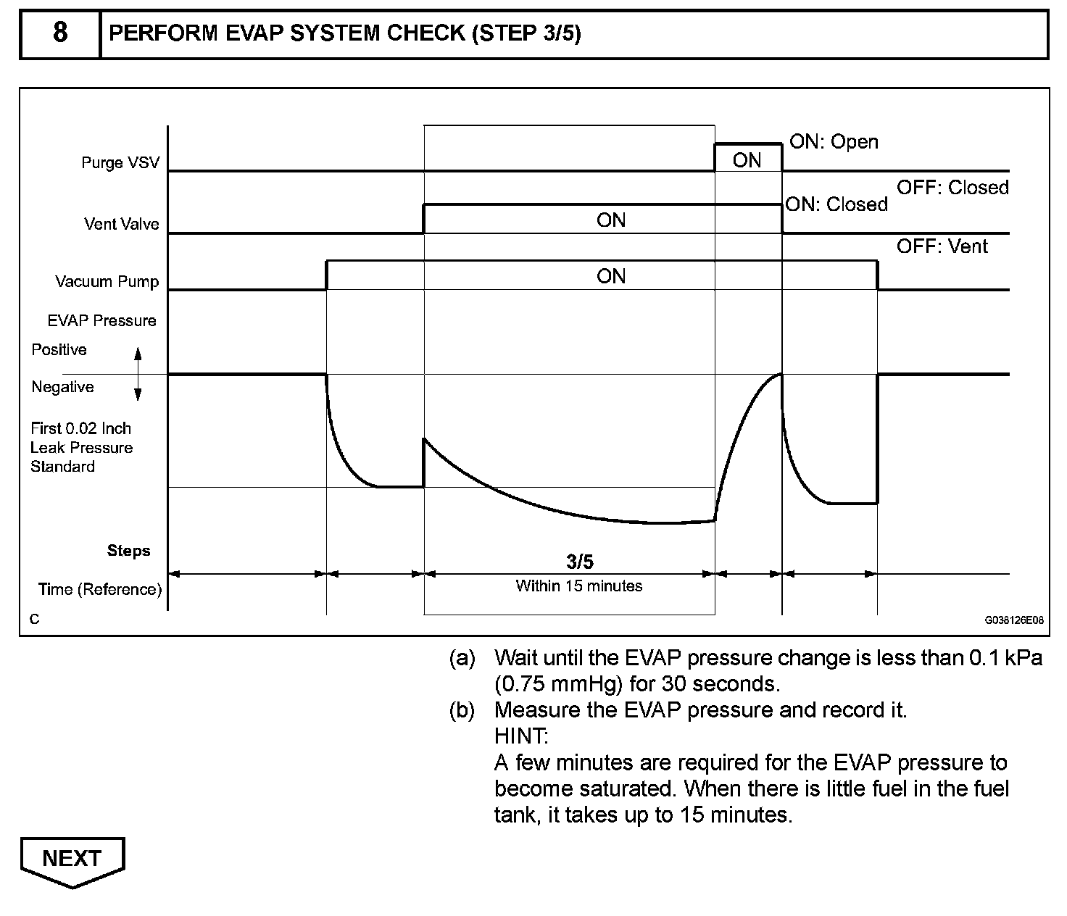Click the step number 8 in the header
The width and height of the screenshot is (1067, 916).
(x=60, y=33)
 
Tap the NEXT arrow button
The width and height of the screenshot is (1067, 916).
(x=72, y=859)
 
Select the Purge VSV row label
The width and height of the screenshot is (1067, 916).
(x=120, y=162)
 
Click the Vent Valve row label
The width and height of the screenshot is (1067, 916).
(x=121, y=224)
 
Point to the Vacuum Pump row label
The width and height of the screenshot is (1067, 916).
(x=107, y=281)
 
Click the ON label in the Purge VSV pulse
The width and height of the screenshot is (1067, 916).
(x=747, y=160)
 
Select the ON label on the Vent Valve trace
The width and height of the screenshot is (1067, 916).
(x=611, y=220)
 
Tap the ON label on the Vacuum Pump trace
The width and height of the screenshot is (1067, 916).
(x=611, y=276)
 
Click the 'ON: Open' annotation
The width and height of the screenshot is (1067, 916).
(x=834, y=142)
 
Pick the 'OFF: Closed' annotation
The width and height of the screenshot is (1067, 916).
(x=952, y=188)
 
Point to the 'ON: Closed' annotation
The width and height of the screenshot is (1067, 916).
(x=836, y=204)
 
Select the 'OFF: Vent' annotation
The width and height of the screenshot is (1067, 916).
(x=942, y=246)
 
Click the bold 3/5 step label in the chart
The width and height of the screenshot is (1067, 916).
(x=579, y=562)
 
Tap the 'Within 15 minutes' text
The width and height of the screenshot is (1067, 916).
(x=579, y=586)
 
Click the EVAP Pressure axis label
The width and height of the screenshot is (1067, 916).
(x=101, y=320)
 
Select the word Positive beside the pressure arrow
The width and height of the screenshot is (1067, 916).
(x=59, y=350)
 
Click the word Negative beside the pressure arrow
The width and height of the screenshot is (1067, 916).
(x=62, y=387)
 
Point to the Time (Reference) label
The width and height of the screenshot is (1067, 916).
(x=100, y=589)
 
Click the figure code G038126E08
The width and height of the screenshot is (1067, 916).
(x=1013, y=620)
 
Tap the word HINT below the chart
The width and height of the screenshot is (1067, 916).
(x=521, y=736)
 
